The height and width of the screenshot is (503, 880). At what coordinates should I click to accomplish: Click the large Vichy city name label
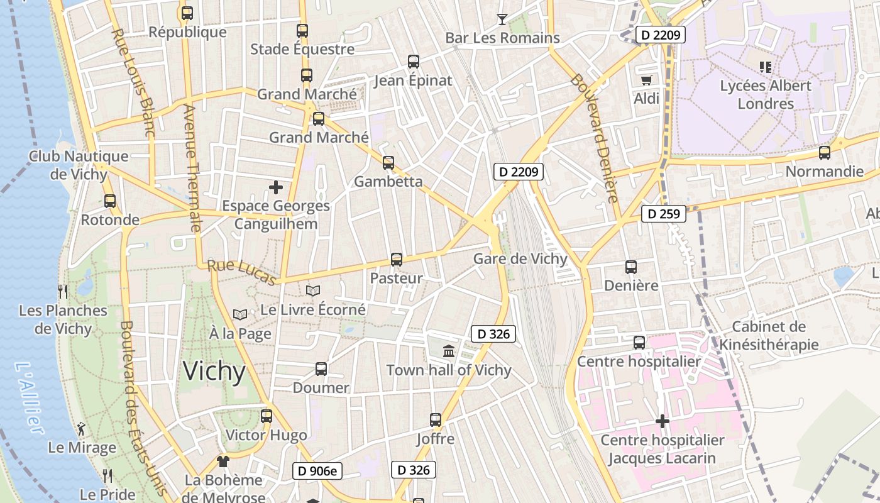point(214,372)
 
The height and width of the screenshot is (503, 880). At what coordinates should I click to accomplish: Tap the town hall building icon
point(449,351)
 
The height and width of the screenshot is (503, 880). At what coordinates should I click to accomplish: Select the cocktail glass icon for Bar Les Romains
point(502,19)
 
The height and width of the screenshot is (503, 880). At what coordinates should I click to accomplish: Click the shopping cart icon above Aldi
point(646,80)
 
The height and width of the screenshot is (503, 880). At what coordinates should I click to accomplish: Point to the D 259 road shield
point(663,214)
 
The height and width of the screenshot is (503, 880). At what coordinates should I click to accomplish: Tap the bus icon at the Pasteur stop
point(396,259)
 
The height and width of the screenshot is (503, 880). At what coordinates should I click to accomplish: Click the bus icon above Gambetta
point(388,163)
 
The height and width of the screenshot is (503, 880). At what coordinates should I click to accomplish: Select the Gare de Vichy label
point(520,259)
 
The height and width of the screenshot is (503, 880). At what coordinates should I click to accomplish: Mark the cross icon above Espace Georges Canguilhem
point(275,187)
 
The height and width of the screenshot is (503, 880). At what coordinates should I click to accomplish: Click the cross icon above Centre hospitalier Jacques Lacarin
point(662,421)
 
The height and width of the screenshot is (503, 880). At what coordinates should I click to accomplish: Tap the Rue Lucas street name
point(241,272)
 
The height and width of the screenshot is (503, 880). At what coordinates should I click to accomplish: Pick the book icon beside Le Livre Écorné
point(312,290)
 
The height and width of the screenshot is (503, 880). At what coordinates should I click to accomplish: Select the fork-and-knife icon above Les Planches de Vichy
point(63,291)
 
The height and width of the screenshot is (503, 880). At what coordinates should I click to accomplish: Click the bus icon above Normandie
point(824,153)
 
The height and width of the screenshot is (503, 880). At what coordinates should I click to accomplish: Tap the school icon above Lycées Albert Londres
point(765,67)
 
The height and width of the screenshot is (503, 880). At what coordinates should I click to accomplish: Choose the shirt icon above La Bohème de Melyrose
point(223,461)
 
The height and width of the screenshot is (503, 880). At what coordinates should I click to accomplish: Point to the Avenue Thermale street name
point(191,169)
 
